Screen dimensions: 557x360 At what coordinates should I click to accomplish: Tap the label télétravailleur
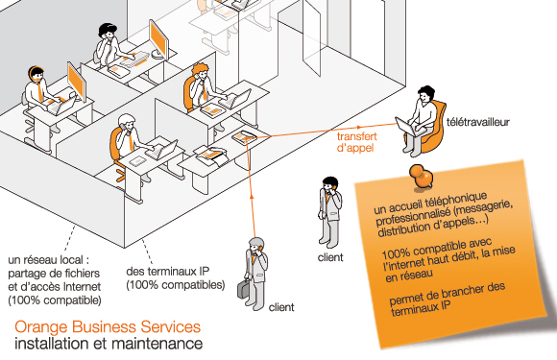pos(478,122)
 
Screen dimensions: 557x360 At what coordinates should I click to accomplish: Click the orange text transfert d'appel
pos(356,142)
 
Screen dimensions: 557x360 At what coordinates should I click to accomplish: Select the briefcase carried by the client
pos(243,289)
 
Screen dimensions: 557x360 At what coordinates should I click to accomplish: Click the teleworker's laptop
pos(408,127)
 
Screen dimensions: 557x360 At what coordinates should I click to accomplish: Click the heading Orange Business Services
pos(108,327)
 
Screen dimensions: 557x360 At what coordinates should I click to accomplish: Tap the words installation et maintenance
pos(109,344)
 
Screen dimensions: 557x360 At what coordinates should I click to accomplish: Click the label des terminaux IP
pos(168,272)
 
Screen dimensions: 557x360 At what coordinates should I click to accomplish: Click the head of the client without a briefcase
pos(330,184)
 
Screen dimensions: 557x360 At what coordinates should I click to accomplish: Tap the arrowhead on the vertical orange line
pos(252,195)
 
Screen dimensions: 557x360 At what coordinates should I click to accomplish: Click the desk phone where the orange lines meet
pos(244,136)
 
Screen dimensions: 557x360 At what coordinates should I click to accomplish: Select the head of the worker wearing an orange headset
pos(36,74)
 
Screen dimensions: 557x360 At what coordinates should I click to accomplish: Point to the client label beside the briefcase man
pos(281,307)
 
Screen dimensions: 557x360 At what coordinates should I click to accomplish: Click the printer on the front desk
pos(211,156)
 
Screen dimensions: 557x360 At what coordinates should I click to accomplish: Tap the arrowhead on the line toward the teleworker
pos(359,127)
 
